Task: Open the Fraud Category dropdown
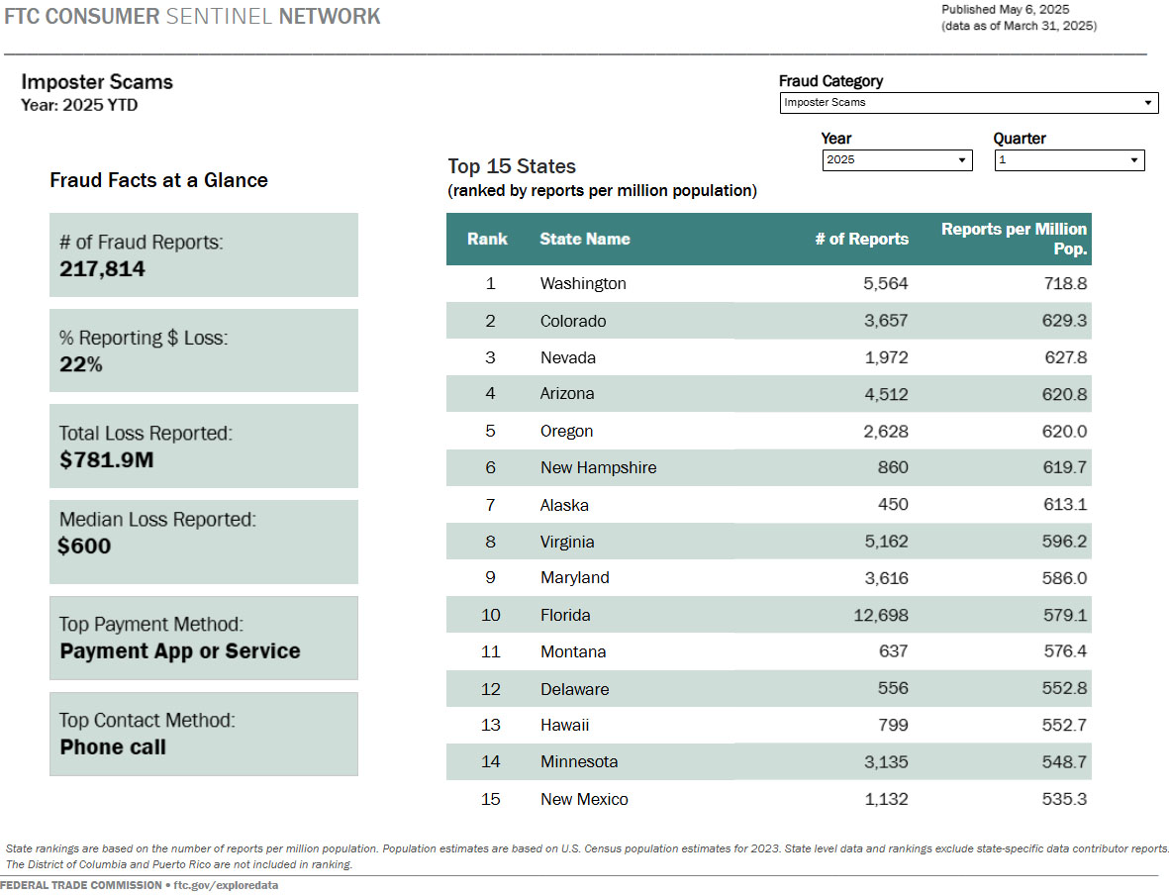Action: pyautogui.click(x=968, y=102)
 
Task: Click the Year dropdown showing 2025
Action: pyautogui.click(x=897, y=160)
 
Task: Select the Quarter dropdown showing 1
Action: pyautogui.click(x=1069, y=160)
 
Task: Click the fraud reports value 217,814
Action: pyautogui.click(x=102, y=269)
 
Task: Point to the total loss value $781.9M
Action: pyautogui.click(x=106, y=460)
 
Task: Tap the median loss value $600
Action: pyautogui.click(x=84, y=547)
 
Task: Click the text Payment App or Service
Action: pyautogui.click(x=180, y=651)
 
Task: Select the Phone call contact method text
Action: pyautogui.click(x=113, y=747)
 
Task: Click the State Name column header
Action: pyautogui.click(x=584, y=239)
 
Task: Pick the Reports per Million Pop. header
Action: pyautogui.click(x=1014, y=239)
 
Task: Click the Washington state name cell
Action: pyautogui.click(x=583, y=284)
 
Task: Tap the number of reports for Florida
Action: pyautogui.click(x=880, y=616)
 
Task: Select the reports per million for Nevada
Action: pyautogui.click(x=1065, y=357)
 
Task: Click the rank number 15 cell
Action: pyautogui.click(x=490, y=800)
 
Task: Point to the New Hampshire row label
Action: pyautogui.click(x=598, y=468)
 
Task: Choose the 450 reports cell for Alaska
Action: pyautogui.click(x=892, y=505)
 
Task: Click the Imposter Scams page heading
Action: pyautogui.click(x=97, y=82)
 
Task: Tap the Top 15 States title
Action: pyautogui.click(x=512, y=166)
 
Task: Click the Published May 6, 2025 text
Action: pyautogui.click(x=1005, y=9)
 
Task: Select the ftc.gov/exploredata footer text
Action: pyautogui.click(x=226, y=885)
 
